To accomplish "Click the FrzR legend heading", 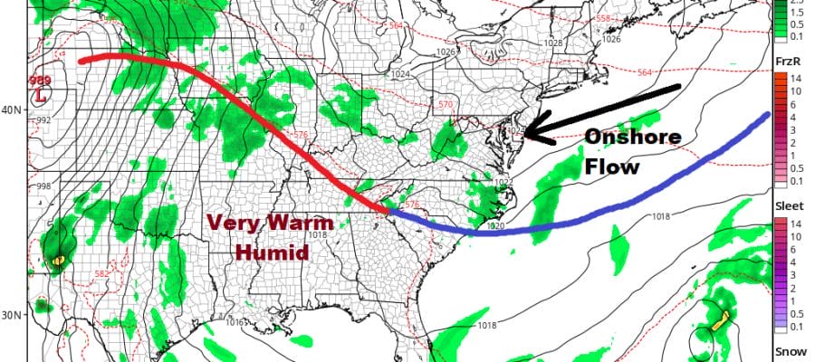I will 787,61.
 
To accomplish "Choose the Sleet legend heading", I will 787,206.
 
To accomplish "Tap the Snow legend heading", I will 787,351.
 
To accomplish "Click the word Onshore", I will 624,138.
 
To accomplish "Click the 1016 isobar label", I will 235,323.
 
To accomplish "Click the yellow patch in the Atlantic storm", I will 723,322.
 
